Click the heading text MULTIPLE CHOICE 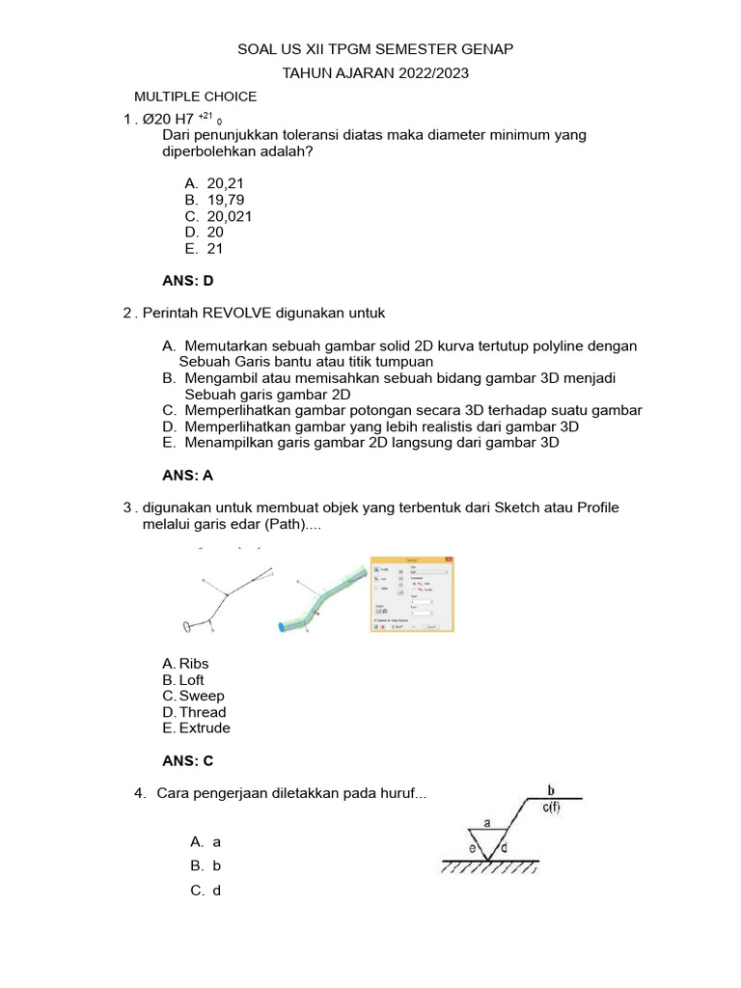click(195, 96)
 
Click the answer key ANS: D click(187, 281)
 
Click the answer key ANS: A click(187, 476)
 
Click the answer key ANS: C click(187, 761)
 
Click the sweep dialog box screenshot click(413, 594)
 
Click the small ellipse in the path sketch click(186, 626)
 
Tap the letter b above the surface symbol click(551, 789)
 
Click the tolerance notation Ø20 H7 click(168, 120)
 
